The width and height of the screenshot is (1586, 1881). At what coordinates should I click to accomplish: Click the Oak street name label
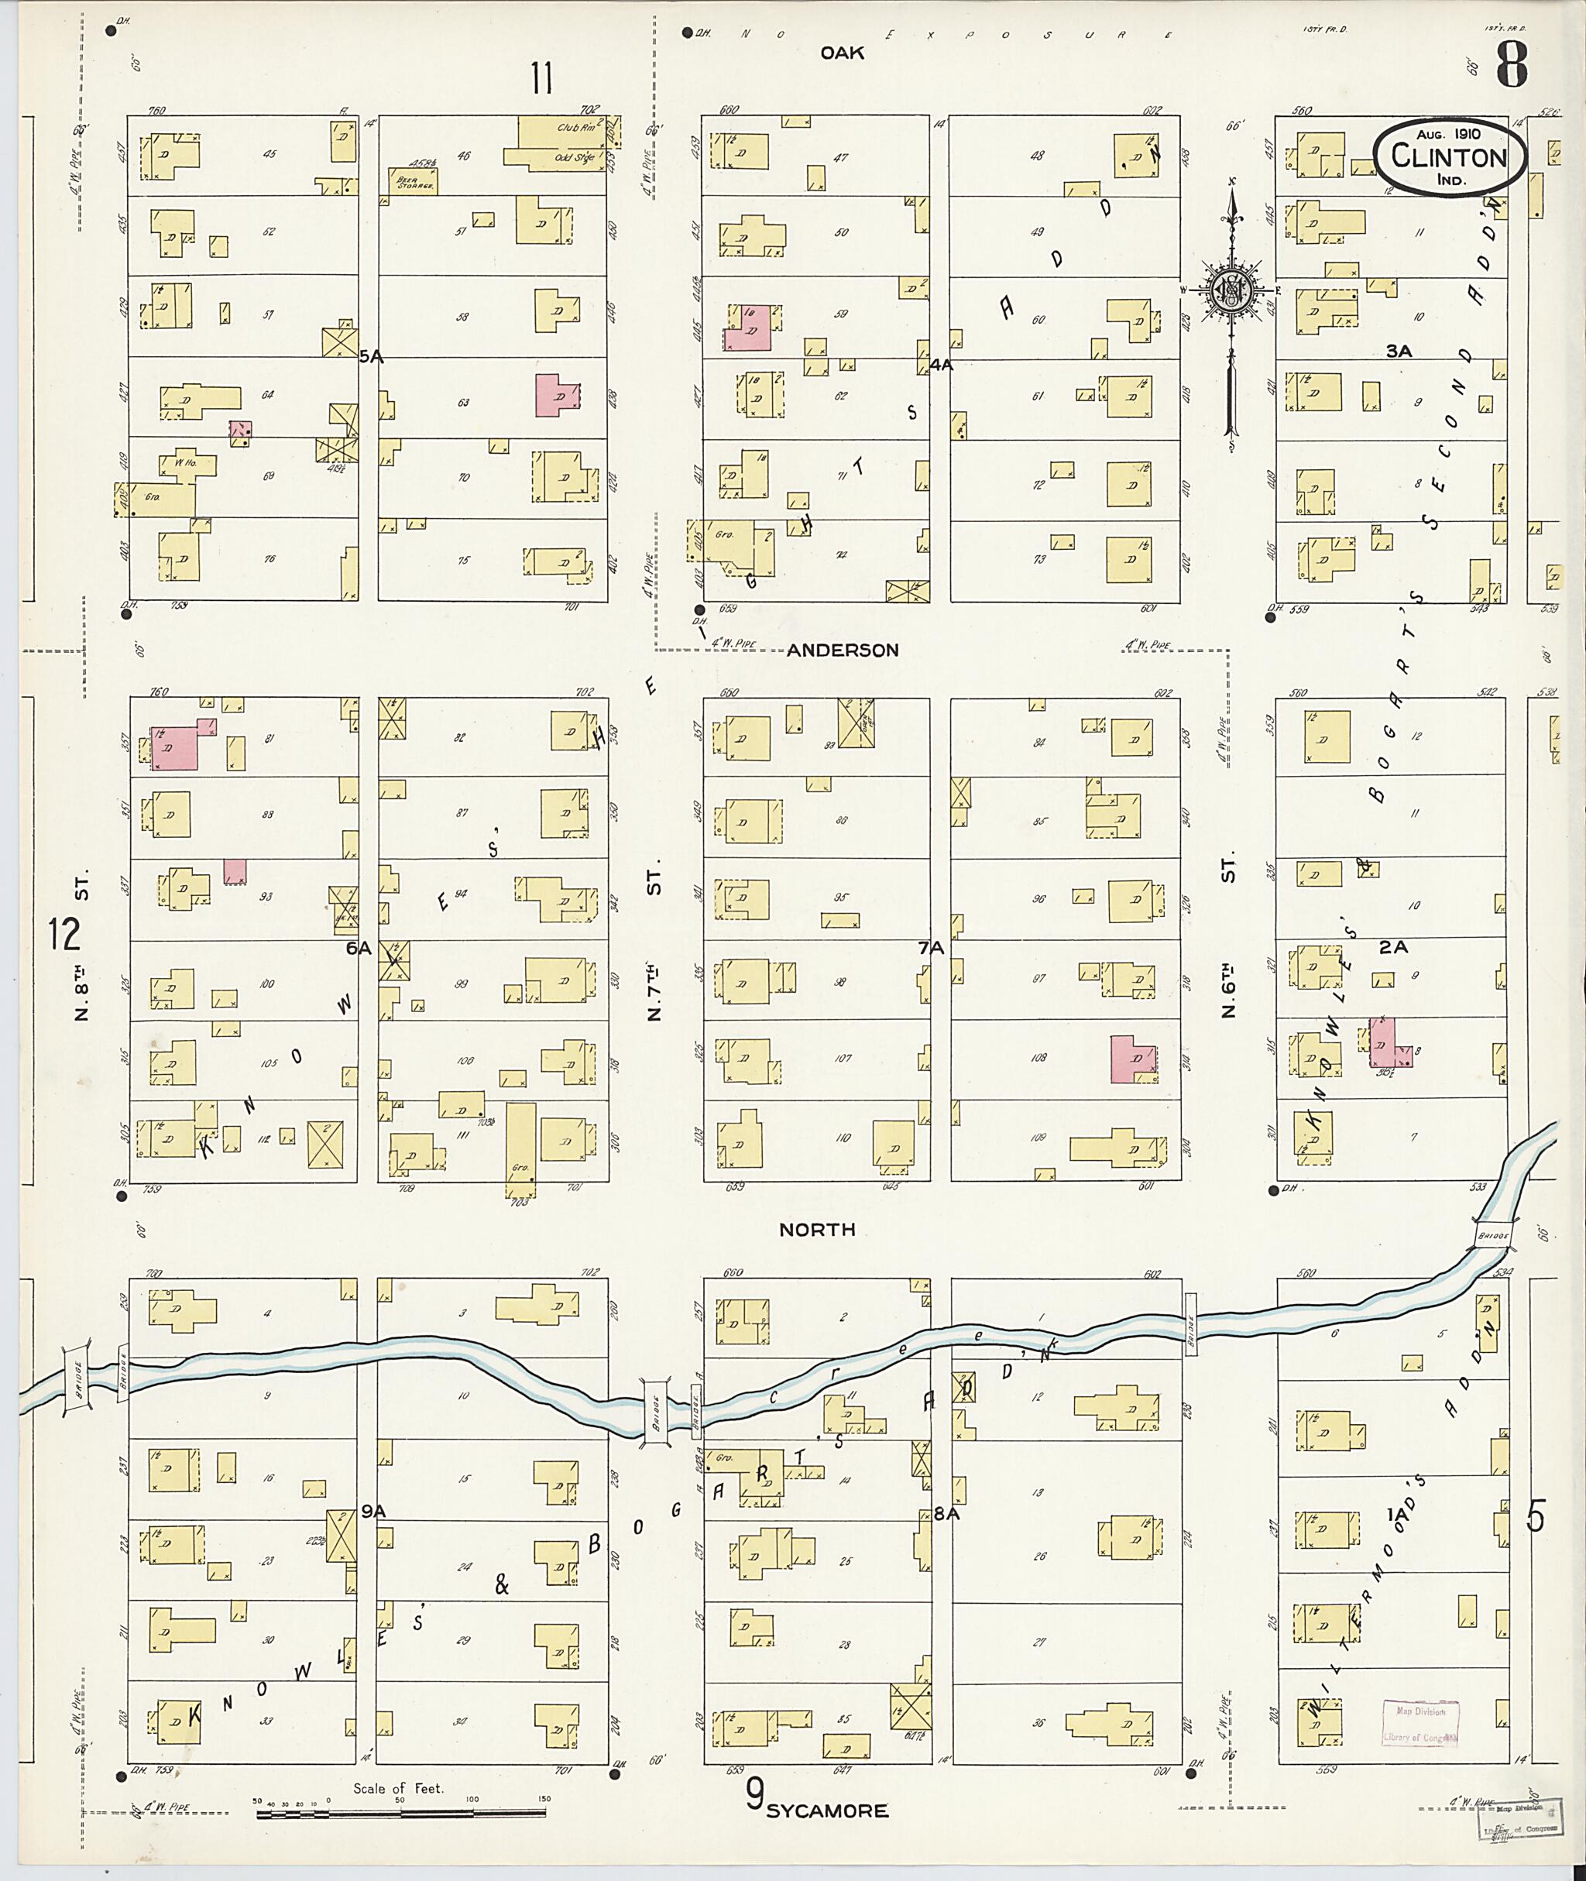click(842, 53)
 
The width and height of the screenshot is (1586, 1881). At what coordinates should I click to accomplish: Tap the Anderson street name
click(843, 650)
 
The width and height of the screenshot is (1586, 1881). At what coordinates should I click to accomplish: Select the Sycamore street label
click(826, 1811)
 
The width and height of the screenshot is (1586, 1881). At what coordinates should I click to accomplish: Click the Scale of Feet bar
click(401, 1814)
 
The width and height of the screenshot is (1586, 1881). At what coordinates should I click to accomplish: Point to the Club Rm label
click(576, 128)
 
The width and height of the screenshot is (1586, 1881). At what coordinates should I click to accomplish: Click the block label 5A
click(371, 357)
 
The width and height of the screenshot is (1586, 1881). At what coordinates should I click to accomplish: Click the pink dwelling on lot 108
click(1133, 1059)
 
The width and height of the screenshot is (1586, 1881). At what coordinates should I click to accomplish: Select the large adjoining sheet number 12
click(65, 935)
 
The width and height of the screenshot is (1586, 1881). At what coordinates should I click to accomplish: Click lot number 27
click(1039, 1642)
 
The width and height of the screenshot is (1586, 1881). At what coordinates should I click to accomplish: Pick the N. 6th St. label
click(1229, 936)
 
